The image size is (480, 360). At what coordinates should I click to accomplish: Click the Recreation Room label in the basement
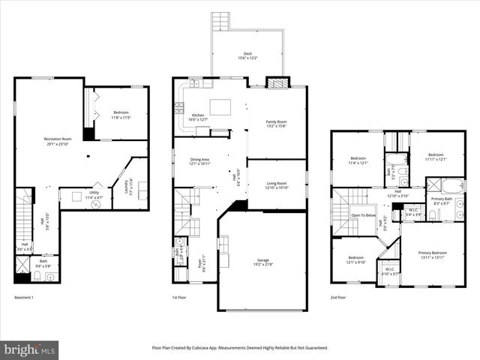56,139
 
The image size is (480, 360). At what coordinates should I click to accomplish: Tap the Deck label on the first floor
247,54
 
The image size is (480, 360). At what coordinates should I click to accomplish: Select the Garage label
262,260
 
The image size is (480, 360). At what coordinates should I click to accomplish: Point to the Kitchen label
198,115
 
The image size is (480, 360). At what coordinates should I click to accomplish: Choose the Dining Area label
199,159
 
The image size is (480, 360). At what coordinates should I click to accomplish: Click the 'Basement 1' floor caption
25,298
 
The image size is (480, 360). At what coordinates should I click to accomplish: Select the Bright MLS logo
30,349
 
